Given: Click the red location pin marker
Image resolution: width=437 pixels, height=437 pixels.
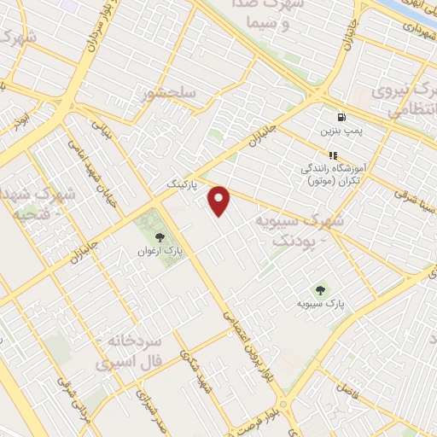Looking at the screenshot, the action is point(220,201).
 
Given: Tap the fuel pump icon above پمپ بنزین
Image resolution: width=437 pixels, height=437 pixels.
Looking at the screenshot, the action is point(341,117).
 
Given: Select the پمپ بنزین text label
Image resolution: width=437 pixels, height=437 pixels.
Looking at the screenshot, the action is point(341,132).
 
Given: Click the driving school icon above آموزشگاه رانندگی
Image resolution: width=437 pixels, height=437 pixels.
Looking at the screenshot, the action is point(333,155).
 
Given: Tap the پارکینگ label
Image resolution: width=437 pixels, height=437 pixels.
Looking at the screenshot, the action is point(182,184).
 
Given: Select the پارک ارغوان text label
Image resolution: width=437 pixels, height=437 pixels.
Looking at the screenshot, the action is point(160,253).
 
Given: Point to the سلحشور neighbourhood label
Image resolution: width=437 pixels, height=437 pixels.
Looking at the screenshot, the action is point(172,91).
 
